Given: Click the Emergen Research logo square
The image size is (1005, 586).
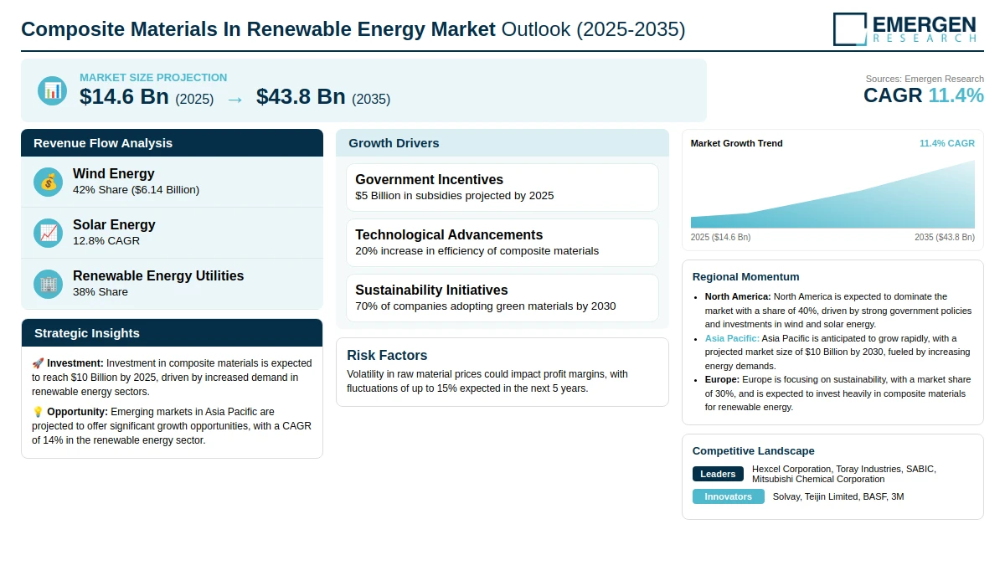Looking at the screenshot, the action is tap(850, 29).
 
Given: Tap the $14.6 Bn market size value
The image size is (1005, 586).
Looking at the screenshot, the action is tap(124, 97).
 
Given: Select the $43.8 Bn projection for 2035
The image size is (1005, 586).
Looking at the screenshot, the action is tap(301, 97).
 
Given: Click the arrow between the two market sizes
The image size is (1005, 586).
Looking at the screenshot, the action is tap(234, 100).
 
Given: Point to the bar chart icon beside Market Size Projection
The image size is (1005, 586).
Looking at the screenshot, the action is tap(53, 91).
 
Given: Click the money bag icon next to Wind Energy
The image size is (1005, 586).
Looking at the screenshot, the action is tap(48, 182).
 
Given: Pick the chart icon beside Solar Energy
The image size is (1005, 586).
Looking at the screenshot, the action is tap(48, 234).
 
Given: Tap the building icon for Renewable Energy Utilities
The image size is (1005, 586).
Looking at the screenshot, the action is tap(48, 285).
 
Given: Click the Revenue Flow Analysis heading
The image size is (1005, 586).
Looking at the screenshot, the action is tap(103, 143).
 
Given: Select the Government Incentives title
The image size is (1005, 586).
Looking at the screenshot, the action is tap(429, 179).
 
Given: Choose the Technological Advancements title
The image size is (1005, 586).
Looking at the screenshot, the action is tap(449, 234).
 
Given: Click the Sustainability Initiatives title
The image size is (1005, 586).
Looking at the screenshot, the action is tap(431, 290).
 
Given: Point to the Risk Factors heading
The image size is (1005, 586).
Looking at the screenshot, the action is tap(387, 355).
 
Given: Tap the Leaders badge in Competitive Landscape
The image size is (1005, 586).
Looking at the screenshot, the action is tap(718, 474).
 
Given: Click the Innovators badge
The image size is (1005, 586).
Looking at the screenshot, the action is tap(728, 496).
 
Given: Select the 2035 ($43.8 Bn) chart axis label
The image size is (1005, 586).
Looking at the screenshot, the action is tap(945, 237).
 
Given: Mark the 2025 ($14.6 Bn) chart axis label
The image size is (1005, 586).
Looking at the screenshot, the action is tap(720, 237).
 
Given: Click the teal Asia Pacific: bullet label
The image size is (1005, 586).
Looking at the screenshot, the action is tap(732, 338).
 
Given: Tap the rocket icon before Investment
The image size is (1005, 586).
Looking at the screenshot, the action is tap(38, 363).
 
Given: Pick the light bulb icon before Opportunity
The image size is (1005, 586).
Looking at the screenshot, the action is tap(38, 412).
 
